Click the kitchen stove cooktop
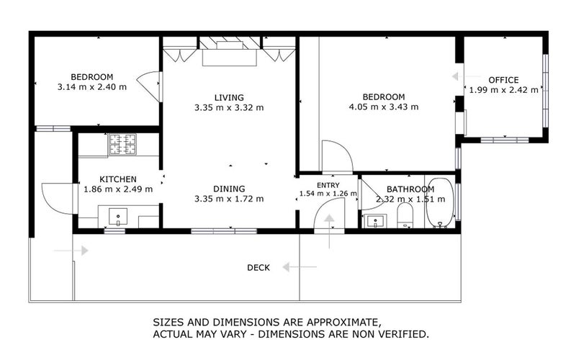(x=122, y=144)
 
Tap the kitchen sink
(x=118, y=217)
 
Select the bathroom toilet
(x=405, y=215)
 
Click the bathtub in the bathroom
(x=440, y=203)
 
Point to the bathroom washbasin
(x=374, y=222)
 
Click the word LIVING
(x=229, y=98)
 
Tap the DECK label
(x=258, y=268)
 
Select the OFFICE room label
(x=503, y=80)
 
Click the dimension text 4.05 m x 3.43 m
(x=384, y=107)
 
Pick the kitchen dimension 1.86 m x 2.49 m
(x=118, y=189)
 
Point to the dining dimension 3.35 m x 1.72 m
(x=229, y=199)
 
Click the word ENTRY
(x=328, y=186)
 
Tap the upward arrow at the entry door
(x=329, y=231)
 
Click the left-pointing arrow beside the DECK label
(x=299, y=267)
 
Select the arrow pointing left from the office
(x=466, y=76)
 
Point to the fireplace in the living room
(x=230, y=50)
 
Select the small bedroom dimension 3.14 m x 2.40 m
(x=92, y=87)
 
